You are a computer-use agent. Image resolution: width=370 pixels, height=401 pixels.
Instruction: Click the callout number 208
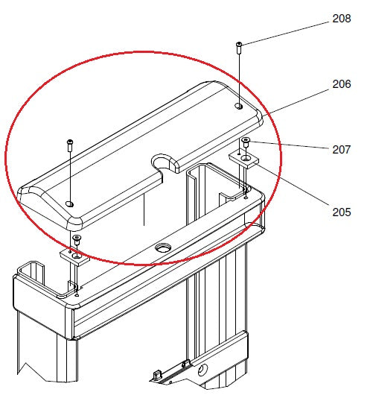click(x=341, y=19)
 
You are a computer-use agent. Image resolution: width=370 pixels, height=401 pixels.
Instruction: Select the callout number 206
click(x=341, y=85)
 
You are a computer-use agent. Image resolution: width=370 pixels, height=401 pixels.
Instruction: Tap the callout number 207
click(x=341, y=149)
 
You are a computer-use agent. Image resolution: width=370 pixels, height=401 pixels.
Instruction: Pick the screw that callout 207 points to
click(x=246, y=142)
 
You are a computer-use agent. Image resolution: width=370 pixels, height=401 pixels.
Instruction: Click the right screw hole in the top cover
click(x=238, y=107)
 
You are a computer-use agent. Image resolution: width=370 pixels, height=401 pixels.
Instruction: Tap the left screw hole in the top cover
click(x=69, y=203)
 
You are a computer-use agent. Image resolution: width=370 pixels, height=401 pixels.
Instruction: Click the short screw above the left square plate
click(x=76, y=239)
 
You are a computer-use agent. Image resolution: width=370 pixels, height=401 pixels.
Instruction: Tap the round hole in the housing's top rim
click(x=163, y=246)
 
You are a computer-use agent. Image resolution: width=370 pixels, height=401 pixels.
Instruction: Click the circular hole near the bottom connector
click(x=202, y=369)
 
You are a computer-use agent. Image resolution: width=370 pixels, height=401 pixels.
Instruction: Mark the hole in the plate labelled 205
click(x=246, y=158)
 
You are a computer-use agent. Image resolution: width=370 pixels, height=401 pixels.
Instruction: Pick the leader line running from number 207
click(x=290, y=146)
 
